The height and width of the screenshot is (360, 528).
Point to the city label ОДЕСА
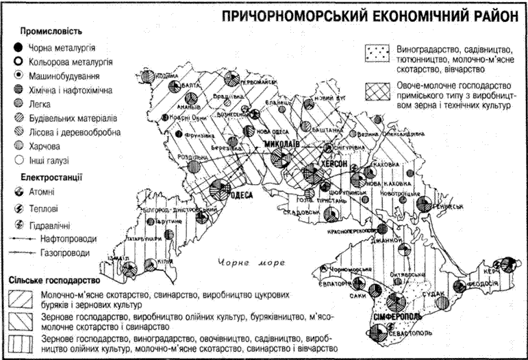243,195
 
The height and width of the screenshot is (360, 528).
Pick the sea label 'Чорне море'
247,262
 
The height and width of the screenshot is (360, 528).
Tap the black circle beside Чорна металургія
15,48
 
